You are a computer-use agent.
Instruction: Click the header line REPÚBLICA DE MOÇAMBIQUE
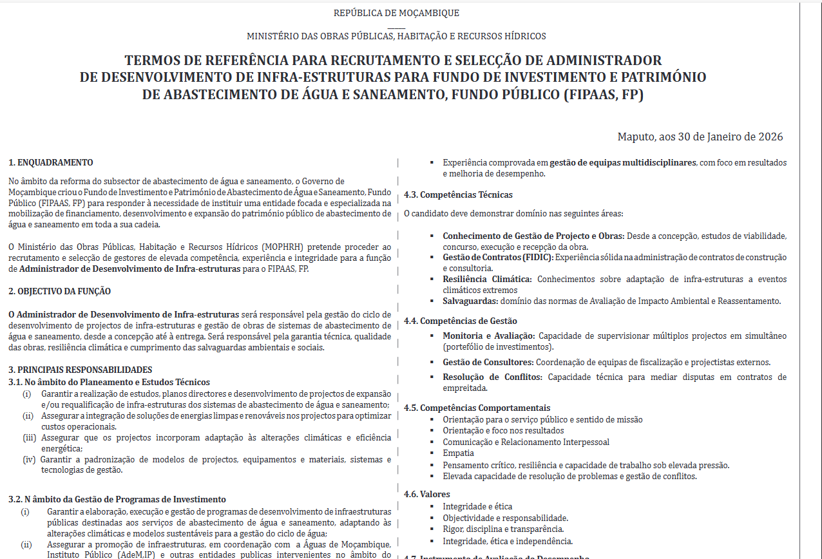[x=396, y=13]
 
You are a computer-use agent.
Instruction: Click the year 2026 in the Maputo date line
[x=770, y=137]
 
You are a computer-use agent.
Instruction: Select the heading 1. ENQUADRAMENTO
[x=51, y=162]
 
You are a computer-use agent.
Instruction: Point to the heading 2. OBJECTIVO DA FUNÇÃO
[x=59, y=291]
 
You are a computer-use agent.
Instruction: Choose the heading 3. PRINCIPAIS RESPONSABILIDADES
[x=81, y=370]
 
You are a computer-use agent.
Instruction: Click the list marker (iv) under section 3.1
[x=29, y=459]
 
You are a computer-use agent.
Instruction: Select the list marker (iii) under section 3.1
[x=28, y=437]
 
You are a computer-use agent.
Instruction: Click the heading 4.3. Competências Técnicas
[x=458, y=194]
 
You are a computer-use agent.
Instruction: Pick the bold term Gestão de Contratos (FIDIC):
[x=497, y=257]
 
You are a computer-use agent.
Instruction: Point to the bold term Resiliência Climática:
[x=487, y=279]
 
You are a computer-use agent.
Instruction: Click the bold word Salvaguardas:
[x=470, y=301]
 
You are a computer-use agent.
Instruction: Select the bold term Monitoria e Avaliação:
[x=488, y=336]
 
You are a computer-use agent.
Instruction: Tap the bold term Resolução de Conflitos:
[x=492, y=377]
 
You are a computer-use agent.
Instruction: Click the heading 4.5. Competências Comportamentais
[x=477, y=408]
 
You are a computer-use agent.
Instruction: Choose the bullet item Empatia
[x=458, y=453]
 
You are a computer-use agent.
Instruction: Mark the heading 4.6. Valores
[x=427, y=494]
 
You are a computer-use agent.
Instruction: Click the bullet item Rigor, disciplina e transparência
[x=503, y=529]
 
